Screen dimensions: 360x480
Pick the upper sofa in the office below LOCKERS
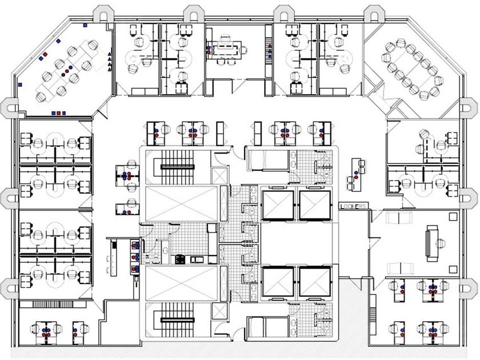(399, 218)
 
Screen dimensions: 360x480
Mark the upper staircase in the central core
(178, 166)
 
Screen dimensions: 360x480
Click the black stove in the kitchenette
(179, 259)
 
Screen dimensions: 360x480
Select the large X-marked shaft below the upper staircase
(181, 203)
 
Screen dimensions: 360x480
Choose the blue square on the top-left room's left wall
(21, 84)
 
